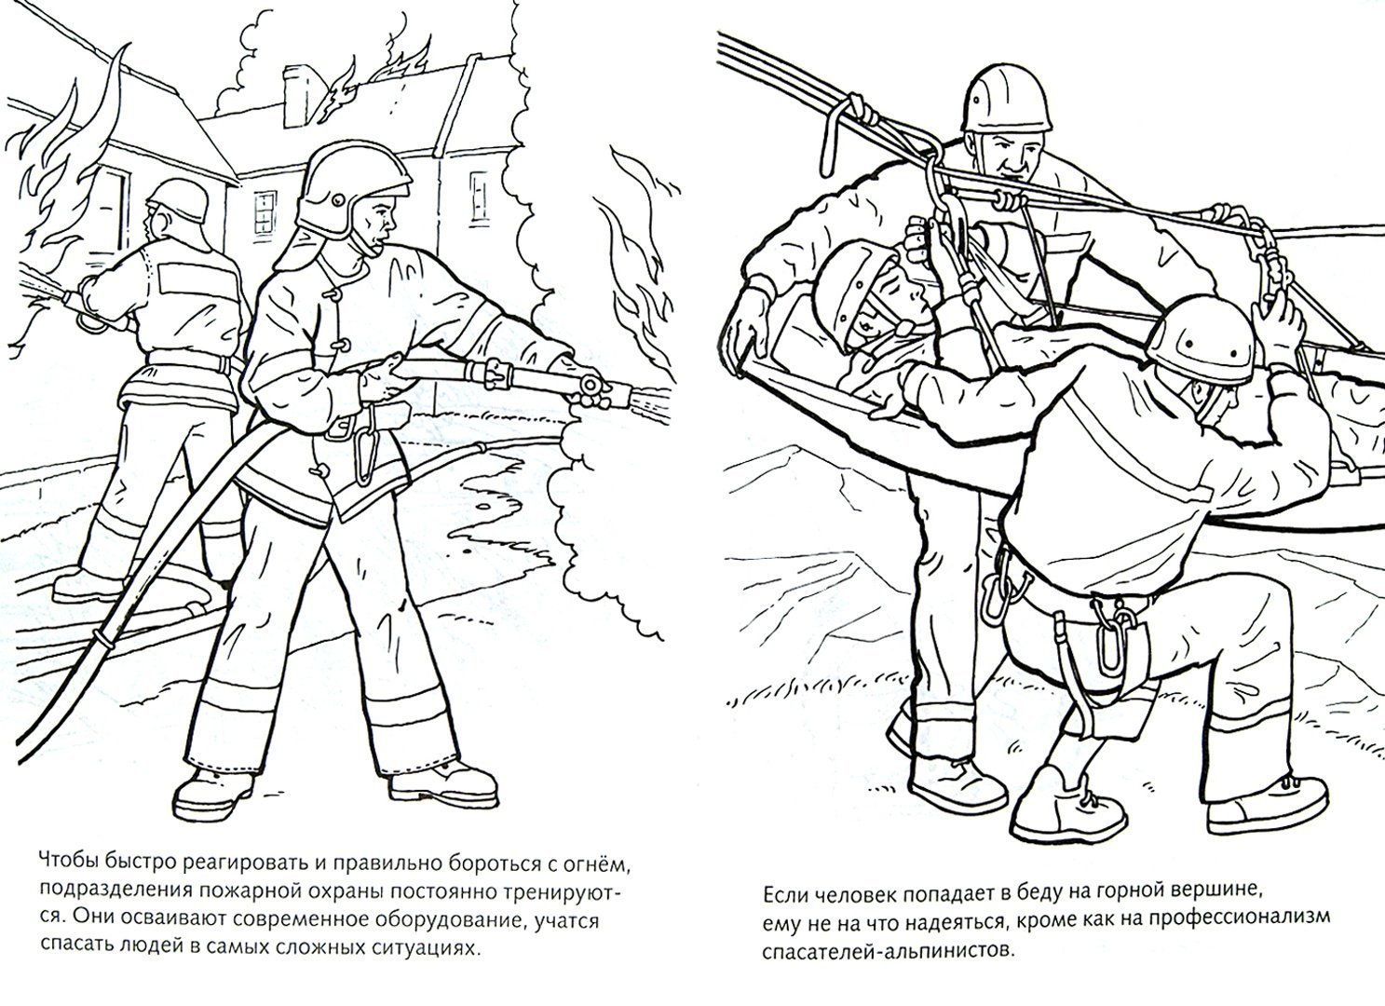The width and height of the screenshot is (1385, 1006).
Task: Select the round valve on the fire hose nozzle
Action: pyautogui.click(x=591, y=385)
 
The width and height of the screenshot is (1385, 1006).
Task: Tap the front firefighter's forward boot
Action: pyautogui.click(x=444, y=786)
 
